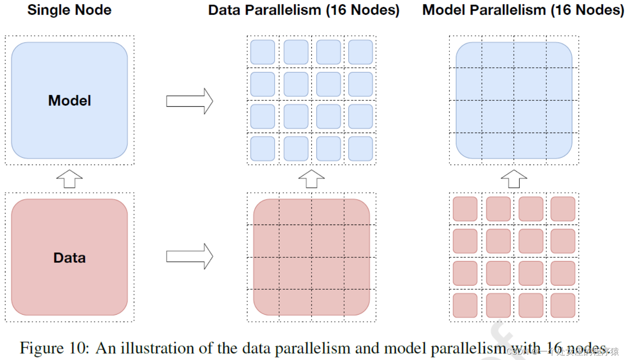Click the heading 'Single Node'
(69, 10)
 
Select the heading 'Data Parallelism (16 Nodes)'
(304, 10)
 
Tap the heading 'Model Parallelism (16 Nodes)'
(523, 10)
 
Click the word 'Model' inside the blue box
(69, 100)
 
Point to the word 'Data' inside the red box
(69, 258)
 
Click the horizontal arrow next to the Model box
(189, 101)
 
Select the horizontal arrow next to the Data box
(189, 256)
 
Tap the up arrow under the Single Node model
(69, 179)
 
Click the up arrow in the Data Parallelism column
(311, 179)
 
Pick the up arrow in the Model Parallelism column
(514, 179)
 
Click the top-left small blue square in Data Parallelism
(263, 52)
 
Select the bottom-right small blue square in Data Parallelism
(360, 148)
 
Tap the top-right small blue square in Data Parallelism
(360, 52)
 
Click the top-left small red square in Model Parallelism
(465, 209)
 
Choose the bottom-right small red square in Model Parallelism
(563, 305)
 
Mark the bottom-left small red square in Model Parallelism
(465, 305)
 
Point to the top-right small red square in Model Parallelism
(563, 209)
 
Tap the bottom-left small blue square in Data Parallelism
(263, 148)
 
